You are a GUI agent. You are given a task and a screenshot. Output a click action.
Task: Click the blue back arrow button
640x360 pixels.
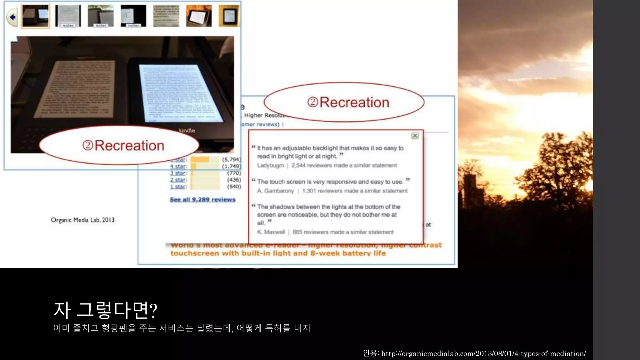tap(12, 17)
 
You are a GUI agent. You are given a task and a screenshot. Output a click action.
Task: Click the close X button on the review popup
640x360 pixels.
tap(415, 135)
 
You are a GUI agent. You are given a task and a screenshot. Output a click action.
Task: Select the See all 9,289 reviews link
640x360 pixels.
tap(202, 199)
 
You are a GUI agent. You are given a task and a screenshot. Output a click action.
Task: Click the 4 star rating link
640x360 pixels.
tap(178, 166)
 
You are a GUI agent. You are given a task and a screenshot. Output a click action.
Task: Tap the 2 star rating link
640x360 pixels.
tap(178, 180)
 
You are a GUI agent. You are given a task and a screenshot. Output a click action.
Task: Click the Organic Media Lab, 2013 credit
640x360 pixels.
tap(83, 220)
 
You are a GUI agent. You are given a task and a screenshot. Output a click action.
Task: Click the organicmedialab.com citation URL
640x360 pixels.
tap(483, 353)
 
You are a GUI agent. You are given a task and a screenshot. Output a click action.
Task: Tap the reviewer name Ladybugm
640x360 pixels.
tap(270, 165)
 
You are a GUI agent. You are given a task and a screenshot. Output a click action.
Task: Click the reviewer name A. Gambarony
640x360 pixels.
tap(275, 191)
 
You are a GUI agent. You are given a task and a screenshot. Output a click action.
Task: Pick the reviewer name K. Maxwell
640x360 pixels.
tap(271, 232)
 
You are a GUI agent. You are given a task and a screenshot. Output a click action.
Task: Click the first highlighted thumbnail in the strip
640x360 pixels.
tap(35, 16)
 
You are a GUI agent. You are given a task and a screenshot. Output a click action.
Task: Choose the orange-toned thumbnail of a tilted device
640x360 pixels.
tap(199, 16)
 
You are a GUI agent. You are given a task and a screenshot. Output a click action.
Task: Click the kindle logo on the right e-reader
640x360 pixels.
tap(187, 130)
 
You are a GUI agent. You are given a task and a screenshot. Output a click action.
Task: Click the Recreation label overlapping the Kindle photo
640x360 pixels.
tap(123, 145)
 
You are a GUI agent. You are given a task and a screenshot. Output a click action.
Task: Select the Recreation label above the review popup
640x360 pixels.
tap(348, 102)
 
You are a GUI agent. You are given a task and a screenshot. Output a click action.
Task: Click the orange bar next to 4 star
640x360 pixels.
tap(193, 166)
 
